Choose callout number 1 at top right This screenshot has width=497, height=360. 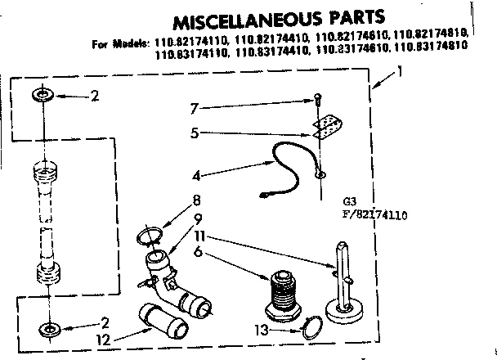click(400, 72)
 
